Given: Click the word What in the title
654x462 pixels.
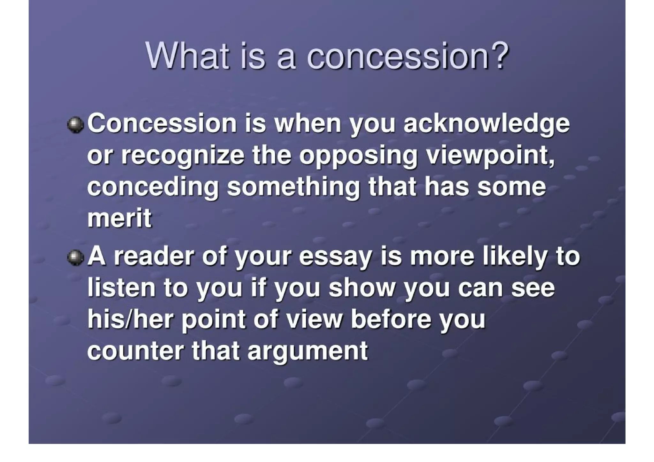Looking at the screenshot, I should pos(187,56).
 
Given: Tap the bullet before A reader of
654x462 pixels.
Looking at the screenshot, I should pos(75,257).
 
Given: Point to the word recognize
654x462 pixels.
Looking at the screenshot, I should pos(183,156).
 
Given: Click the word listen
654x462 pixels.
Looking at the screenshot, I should pos(122,288).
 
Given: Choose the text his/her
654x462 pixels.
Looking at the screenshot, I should pos(130,319).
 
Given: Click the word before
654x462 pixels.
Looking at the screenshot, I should pos(391,319).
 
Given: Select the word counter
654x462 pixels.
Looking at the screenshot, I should pos(136,351).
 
